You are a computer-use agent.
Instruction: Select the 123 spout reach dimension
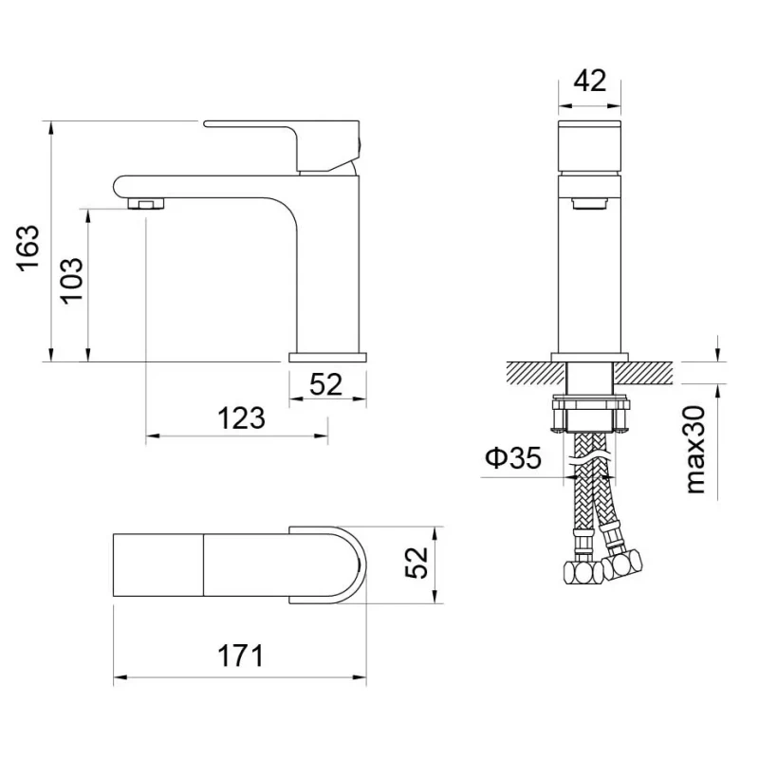[x=241, y=418]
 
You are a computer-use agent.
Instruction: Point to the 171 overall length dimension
[x=240, y=656]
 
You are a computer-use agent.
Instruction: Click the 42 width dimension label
[x=589, y=81]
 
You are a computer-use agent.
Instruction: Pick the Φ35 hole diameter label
[x=513, y=457]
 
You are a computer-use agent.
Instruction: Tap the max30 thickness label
[x=696, y=450]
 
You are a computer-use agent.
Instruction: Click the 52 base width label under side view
[x=325, y=385]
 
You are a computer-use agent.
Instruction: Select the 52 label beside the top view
[x=417, y=563]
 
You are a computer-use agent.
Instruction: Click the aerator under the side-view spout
[x=146, y=204]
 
